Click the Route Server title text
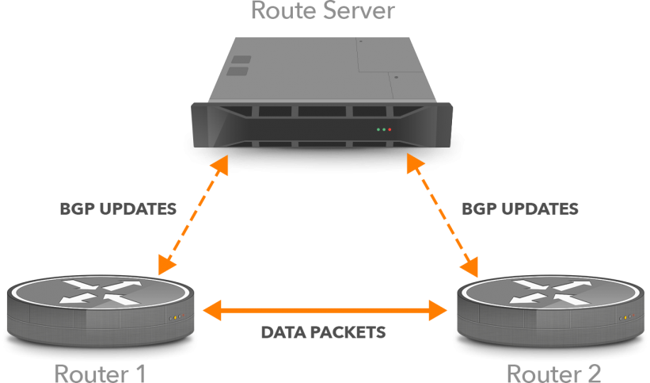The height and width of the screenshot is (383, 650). [322, 10]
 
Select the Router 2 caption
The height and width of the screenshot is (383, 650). [553, 373]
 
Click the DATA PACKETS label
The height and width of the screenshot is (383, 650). [323, 332]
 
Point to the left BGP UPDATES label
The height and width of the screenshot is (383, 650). [118, 210]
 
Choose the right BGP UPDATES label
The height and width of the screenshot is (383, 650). [520, 209]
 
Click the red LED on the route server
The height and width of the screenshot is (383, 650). [390, 129]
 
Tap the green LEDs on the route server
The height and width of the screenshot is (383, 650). [382, 129]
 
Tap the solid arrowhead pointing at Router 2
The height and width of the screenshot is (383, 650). [438, 310]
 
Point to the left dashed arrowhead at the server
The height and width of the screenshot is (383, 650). [221, 164]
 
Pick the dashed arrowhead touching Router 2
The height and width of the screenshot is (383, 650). [472, 264]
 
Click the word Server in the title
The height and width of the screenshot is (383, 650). [357, 10]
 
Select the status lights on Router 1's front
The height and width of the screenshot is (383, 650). [175, 317]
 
